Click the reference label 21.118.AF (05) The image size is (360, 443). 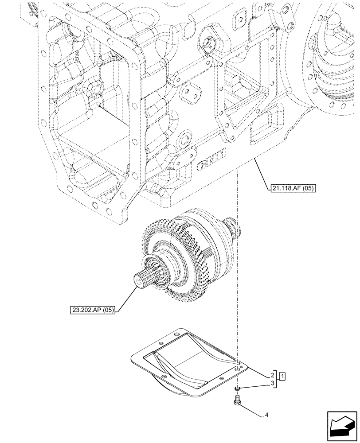[x=292, y=188]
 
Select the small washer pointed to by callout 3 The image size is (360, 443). [x=238, y=389]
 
